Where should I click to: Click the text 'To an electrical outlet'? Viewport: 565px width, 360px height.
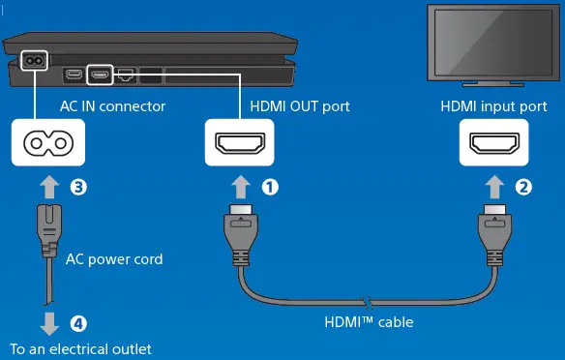(x=80, y=348)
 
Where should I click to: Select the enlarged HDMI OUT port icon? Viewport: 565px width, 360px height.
(x=241, y=143)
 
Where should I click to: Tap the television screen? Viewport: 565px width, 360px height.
(x=494, y=42)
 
